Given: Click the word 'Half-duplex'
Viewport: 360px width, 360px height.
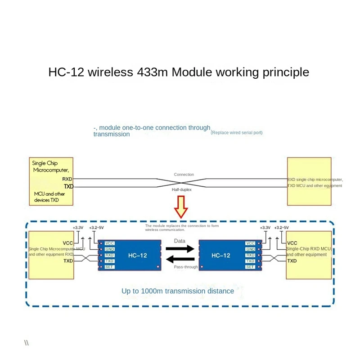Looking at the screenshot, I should (181, 190).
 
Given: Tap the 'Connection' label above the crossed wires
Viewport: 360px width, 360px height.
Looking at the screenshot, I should (184, 175).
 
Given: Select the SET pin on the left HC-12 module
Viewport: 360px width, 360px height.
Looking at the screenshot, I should (109, 267).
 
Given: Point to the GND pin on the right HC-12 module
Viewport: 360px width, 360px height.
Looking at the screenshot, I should (251, 249).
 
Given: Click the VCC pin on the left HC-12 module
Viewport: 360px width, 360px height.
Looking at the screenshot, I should (109, 243).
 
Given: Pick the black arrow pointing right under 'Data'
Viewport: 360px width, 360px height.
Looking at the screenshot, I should (180, 248).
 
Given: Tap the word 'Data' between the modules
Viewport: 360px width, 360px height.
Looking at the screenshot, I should (180, 241).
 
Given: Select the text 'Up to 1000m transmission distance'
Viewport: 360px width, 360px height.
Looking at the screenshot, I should (178, 291).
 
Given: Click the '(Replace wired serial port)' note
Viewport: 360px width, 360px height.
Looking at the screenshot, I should (237, 133).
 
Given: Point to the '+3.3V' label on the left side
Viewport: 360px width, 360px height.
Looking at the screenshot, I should (78, 228).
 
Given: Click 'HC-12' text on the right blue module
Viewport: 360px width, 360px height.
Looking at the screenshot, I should (221, 255).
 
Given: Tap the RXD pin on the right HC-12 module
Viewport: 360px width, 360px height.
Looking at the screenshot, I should (251, 255).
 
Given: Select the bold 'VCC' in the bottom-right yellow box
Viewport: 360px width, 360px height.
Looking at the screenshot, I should (292, 243).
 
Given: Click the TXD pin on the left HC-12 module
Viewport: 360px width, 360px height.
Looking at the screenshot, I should (109, 261).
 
